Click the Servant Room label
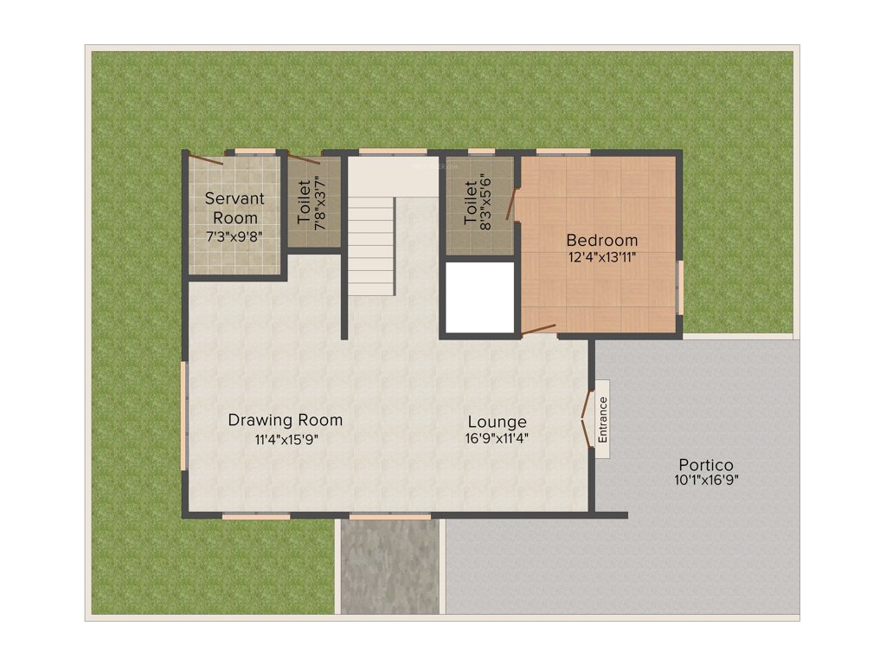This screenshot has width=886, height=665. click(234, 208)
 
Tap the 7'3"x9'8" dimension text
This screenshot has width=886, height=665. click(234, 236)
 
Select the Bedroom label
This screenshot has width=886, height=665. click(602, 240)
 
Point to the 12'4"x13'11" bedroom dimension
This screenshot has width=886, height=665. click(602, 258)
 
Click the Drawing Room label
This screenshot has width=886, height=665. click(286, 420)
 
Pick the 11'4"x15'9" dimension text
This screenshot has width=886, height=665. click(286, 439)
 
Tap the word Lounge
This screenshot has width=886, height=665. click(497, 422)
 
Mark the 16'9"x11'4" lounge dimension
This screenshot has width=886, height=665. click(497, 439)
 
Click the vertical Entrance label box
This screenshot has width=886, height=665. click(603, 418)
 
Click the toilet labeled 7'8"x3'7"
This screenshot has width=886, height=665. click(312, 204)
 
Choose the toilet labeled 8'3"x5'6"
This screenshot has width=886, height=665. click(478, 204)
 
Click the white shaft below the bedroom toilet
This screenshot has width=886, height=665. click(478, 296)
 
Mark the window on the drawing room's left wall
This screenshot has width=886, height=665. click(183, 416)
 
